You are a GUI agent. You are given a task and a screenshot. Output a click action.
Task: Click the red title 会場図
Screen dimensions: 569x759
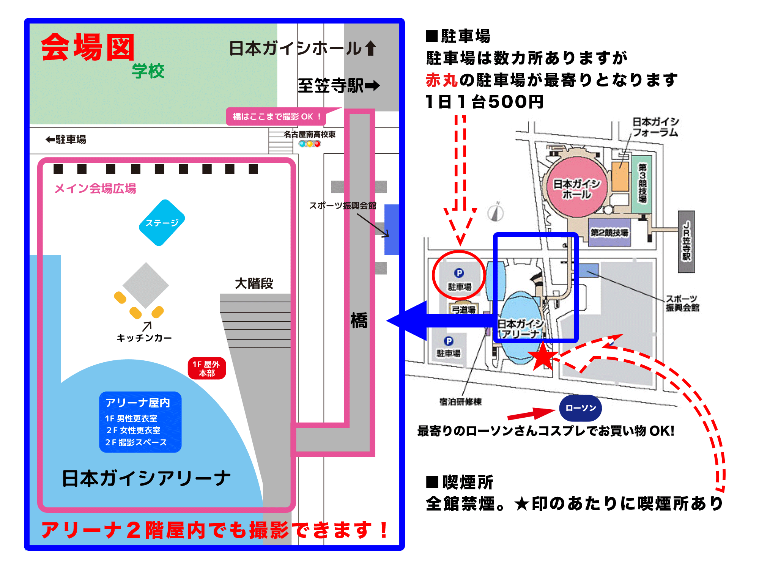click(x=88, y=47)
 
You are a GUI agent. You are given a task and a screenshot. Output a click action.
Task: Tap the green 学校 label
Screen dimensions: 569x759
click(x=148, y=71)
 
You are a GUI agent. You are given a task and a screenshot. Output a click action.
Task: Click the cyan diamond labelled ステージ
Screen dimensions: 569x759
click(x=162, y=223)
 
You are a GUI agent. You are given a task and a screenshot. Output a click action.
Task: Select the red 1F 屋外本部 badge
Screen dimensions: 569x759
click(x=207, y=368)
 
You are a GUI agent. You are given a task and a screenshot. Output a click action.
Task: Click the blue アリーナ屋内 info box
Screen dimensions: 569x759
click(x=140, y=422)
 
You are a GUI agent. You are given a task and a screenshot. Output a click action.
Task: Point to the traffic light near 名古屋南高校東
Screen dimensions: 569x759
click(x=310, y=144)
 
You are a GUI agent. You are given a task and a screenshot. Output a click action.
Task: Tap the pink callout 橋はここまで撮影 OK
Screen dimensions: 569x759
click(x=276, y=116)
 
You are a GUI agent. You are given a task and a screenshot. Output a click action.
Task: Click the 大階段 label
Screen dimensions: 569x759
click(x=254, y=283)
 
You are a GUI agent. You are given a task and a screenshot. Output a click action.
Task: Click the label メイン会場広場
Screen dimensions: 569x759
click(x=95, y=189)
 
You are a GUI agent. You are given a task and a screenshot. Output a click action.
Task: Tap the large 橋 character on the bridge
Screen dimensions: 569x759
click(x=359, y=321)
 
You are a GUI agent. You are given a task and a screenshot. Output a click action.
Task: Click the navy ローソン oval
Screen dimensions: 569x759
click(x=581, y=408)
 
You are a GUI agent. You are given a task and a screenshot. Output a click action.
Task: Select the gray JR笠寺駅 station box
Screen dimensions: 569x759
click(x=686, y=242)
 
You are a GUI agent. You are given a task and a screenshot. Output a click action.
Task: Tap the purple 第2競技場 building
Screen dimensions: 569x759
click(x=609, y=232)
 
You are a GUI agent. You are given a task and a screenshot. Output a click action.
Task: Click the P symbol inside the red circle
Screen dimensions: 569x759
click(x=459, y=273)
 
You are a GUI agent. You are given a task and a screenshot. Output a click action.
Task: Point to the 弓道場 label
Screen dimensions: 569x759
click(x=464, y=310)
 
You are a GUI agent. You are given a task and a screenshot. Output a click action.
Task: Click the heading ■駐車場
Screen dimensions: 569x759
click(x=458, y=36)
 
